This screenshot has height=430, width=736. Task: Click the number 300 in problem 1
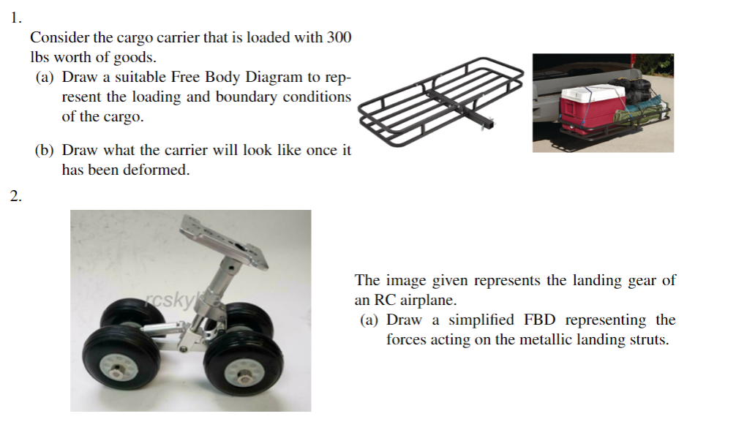[x=339, y=37]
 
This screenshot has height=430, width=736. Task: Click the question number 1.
[x=15, y=19]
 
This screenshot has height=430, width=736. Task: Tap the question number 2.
[x=15, y=195]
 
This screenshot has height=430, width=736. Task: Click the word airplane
[x=427, y=300]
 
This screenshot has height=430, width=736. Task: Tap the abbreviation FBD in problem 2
[x=541, y=320]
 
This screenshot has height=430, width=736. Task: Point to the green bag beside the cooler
[x=638, y=114]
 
